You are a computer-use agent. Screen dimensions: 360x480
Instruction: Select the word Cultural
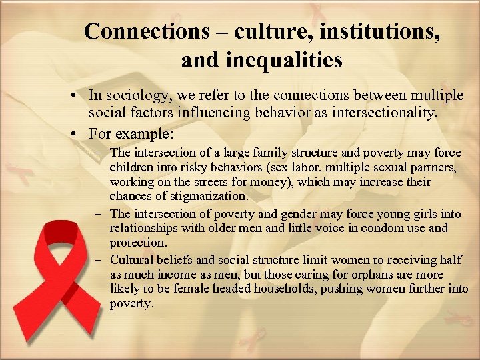tap(132, 260)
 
